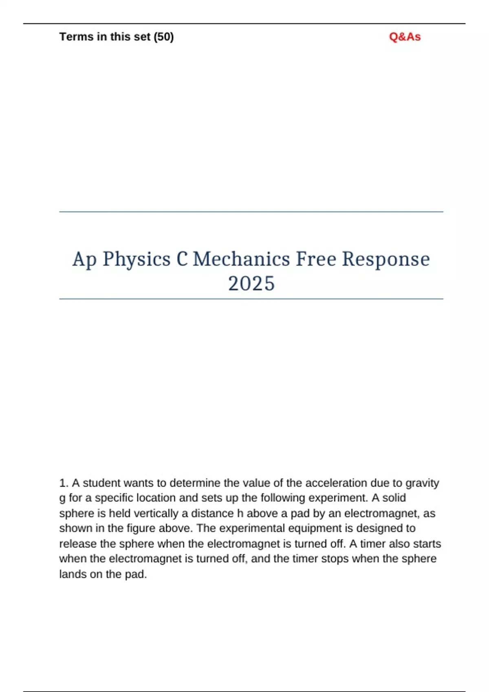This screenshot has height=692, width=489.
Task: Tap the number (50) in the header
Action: pyautogui.click(x=163, y=37)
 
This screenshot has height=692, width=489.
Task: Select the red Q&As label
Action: pyautogui.click(x=405, y=37)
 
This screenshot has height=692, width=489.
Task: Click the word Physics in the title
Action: pyautogui.click(x=137, y=259)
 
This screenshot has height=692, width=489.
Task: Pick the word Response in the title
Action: pyautogui.click(x=385, y=259)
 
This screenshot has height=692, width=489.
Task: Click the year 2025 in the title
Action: pyautogui.click(x=251, y=283)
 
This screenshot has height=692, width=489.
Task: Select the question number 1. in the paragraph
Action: pyautogui.click(x=64, y=483)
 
